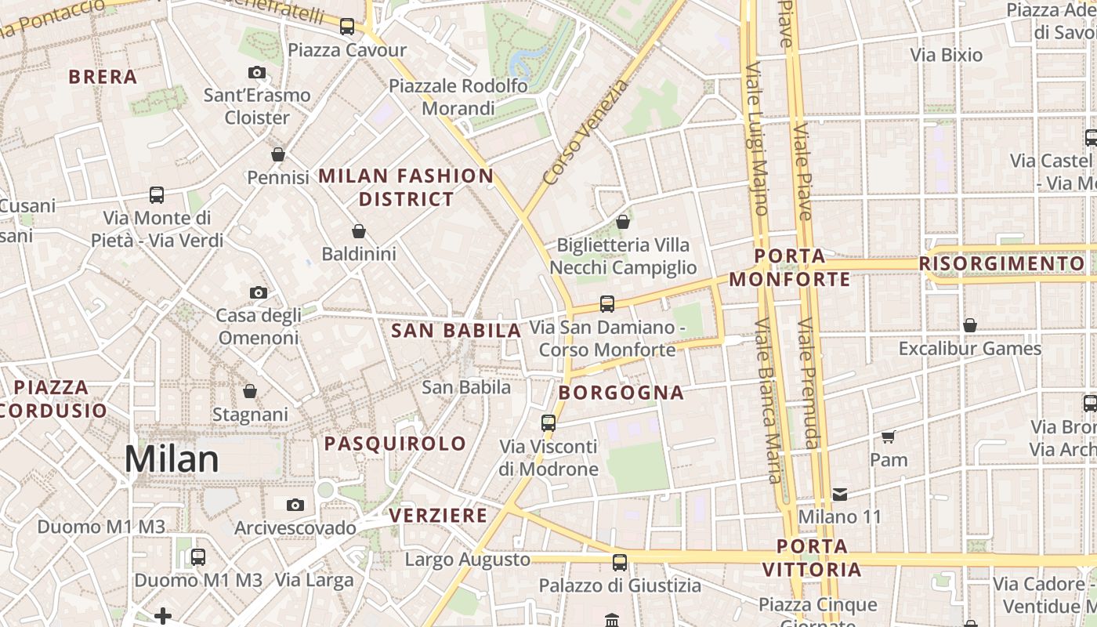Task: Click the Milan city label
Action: click(x=172, y=458)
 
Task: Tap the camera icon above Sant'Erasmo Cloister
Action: click(x=256, y=73)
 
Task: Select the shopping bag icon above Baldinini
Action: click(x=358, y=231)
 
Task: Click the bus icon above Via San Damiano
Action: click(x=606, y=303)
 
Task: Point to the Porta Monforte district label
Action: click(x=790, y=267)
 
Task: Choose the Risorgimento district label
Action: click(x=1002, y=263)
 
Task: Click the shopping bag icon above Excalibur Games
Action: click(x=969, y=325)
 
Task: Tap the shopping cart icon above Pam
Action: click(x=888, y=437)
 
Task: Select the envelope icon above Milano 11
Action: click(x=840, y=494)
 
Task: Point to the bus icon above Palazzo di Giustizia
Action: click(x=619, y=562)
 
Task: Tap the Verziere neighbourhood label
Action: click(x=438, y=516)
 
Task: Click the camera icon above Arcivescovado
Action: click(x=295, y=505)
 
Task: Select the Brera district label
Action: click(x=103, y=77)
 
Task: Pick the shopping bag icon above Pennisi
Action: click(x=277, y=154)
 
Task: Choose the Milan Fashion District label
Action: click(x=406, y=187)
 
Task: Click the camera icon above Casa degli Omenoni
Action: click(x=258, y=293)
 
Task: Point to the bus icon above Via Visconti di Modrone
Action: click(x=548, y=423)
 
